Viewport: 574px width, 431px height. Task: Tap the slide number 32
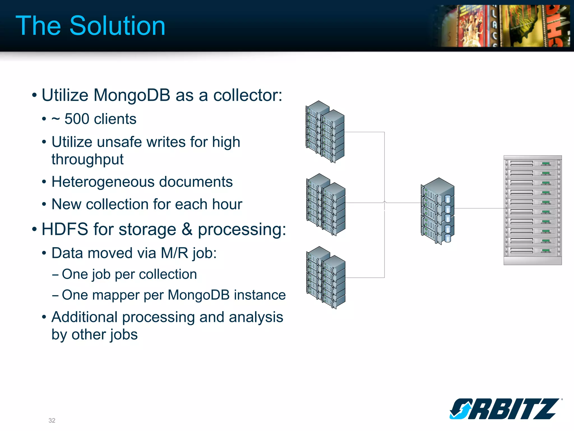pyautogui.click(x=52, y=420)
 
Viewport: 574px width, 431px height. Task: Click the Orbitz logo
pyautogui.click(x=504, y=409)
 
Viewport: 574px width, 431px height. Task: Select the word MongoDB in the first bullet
pyautogui.click(x=132, y=95)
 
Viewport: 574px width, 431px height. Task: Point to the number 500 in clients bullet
pyautogui.click(x=77, y=119)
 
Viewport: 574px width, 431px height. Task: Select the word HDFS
pyautogui.click(x=65, y=229)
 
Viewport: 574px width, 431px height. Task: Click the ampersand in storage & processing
pyautogui.click(x=187, y=229)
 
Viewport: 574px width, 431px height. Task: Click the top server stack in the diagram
pyautogui.click(x=325, y=132)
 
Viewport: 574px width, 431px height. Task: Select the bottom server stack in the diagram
pyautogui.click(x=326, y=278)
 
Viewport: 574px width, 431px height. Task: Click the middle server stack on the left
pyautogui.click(x=326, y=205)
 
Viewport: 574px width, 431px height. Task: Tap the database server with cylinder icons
pyautogui.click(x=438, y=211)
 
